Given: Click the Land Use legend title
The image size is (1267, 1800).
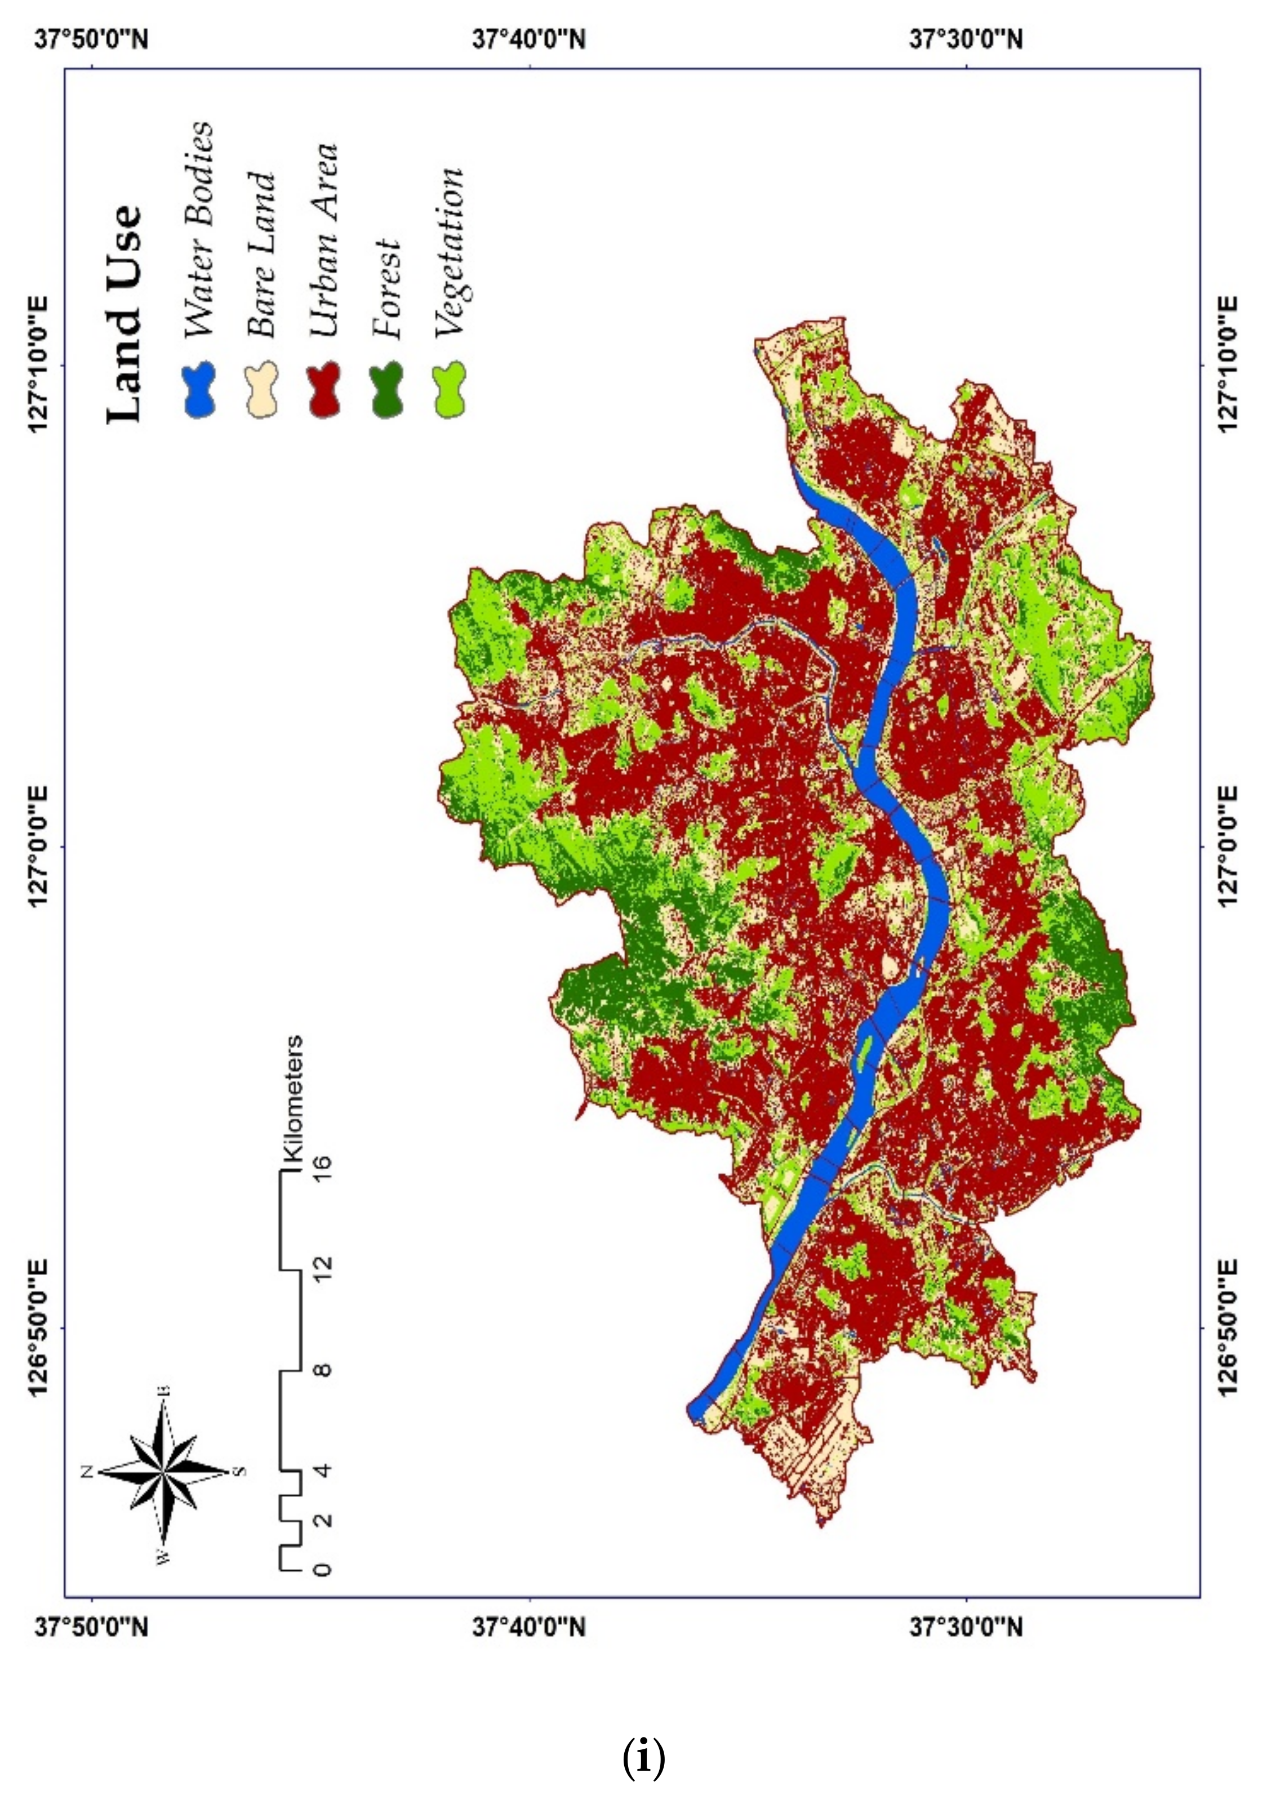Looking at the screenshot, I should point(126,314).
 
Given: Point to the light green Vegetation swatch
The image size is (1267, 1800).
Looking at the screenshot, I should point(449,390).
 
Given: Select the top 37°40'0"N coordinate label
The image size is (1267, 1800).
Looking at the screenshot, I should point(529,39).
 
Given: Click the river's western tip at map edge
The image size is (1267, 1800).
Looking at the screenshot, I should point(693,1411).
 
